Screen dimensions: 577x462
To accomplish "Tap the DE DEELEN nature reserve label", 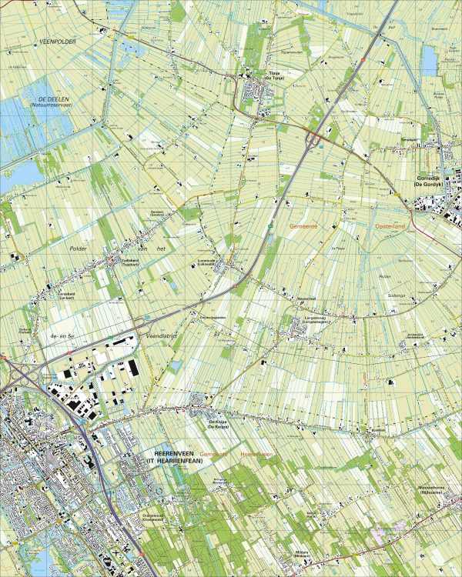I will [x=45, y=100].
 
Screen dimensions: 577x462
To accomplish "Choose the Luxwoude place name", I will [x=208, y=262].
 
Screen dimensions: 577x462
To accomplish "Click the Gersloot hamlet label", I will [x=157, y=213].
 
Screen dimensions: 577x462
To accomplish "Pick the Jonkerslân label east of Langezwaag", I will [x=416, y=335].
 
